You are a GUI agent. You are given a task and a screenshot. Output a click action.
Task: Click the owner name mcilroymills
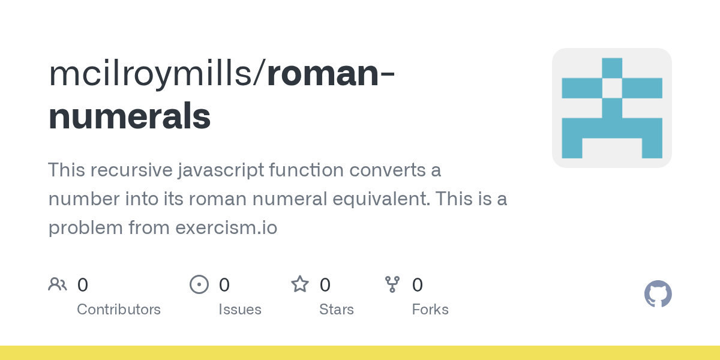(150, 74)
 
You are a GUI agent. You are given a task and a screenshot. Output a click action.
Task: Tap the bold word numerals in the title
(130, 116)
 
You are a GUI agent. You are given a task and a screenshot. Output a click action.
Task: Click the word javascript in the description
(221, 170)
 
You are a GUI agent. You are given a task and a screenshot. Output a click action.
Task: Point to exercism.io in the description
(226, 227)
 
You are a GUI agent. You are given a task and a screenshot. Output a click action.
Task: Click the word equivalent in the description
(382, 199)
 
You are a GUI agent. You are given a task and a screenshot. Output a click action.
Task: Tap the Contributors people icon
(58, 284)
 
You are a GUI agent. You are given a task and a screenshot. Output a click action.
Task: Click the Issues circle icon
(199, 284)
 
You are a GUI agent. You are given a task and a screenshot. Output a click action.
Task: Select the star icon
(300, 284)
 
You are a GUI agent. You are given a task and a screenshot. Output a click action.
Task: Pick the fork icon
(392, 284)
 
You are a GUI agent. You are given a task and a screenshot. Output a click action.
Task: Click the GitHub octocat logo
(658, 294)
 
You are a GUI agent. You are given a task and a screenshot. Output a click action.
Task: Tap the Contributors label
(119, 310)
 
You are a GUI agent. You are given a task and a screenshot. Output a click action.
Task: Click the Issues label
(240, 310)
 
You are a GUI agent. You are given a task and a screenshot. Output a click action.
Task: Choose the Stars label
(337, 310)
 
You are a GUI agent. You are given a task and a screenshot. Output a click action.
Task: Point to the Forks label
(430, 310)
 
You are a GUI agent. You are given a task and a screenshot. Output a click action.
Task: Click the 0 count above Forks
(418, 285)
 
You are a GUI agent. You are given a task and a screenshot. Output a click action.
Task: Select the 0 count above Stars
(325, 285)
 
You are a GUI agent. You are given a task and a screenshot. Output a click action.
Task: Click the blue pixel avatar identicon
(612, 108)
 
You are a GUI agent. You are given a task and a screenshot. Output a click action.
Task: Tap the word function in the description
(307, 170)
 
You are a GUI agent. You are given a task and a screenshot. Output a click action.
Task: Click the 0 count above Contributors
(83, 285)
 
